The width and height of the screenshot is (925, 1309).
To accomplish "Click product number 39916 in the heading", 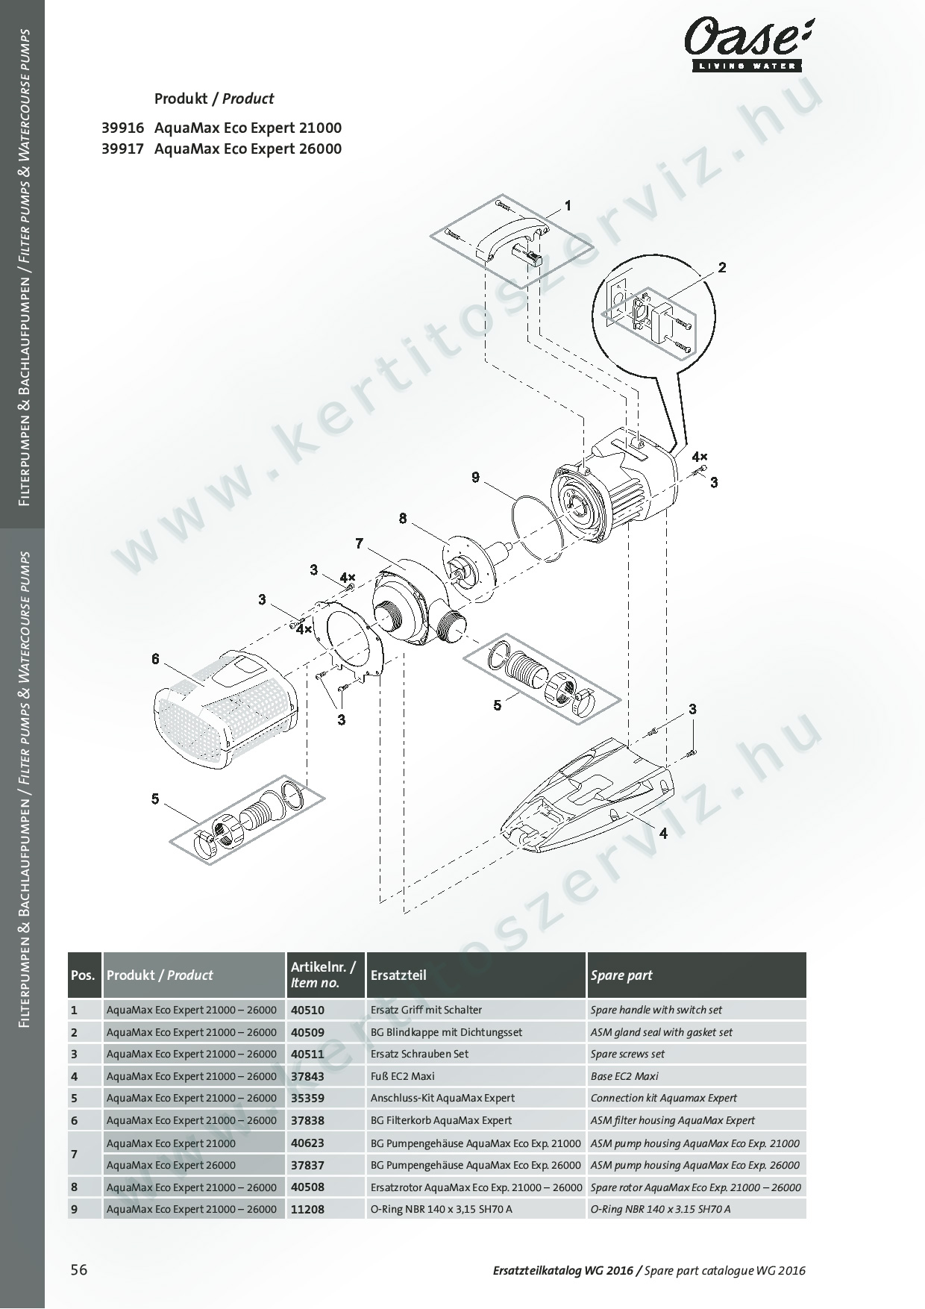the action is tap(122, 128).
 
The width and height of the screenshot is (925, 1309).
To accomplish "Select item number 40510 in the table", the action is tap(307, 1010).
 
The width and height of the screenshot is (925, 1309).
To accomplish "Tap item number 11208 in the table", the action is tap(307, 1209).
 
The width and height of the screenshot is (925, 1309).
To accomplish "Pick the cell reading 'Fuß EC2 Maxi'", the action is tap(402, 1076).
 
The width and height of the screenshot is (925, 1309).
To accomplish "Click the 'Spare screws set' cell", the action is tap(627, 1054).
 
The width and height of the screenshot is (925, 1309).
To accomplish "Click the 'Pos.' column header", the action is tap(84, 975).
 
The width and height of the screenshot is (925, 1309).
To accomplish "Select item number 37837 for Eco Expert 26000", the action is tap(307, 1165).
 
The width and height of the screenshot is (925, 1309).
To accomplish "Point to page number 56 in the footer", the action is tap(79, 1271).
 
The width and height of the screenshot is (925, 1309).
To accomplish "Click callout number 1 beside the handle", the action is tap(568, 205).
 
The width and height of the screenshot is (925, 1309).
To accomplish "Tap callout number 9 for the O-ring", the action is tap(476, 477).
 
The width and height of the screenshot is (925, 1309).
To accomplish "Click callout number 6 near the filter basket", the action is tap(155, 658).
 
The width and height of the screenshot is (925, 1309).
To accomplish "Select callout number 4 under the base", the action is tap(662, 833).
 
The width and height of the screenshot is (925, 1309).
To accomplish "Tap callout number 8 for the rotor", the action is tap(403, 518).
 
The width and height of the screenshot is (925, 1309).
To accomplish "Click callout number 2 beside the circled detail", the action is tap(722, 267).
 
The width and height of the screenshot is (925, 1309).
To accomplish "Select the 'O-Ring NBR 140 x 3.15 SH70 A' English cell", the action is tap(660, 1209).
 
